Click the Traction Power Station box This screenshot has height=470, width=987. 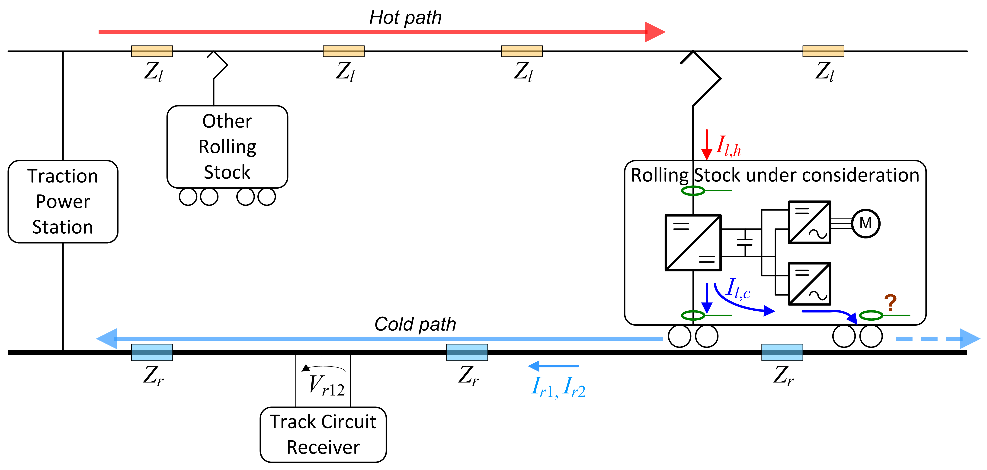click(63, 202)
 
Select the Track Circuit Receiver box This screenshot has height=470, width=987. click(323, 435)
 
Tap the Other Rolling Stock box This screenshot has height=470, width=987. click(227, 147)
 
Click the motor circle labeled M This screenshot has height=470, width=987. click(865, 223)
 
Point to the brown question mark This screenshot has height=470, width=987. click(891, 303)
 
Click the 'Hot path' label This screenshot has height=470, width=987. click(405, 18)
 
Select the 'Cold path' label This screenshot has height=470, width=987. click(415, 324)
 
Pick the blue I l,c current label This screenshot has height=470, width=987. click(738, 289)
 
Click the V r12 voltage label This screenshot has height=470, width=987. click(327, 385)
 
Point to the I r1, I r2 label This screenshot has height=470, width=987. click(558, 387)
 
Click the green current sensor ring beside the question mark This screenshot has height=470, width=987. click(871, 315)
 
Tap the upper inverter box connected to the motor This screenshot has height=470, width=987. click(809, 222)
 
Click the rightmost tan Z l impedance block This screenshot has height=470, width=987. click(823, 51)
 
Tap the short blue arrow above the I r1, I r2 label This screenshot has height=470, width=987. click(553, 366)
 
